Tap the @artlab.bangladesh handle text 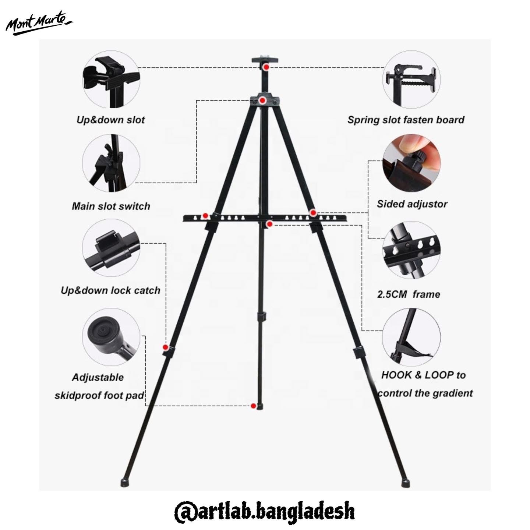(264, 511)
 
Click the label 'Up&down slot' (110, 120)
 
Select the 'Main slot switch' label (111, 206)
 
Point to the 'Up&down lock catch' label (110, 290)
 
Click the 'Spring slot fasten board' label (406, 120)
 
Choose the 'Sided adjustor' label (412, 204)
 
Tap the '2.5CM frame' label (409, 294)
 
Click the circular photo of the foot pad (111, 337)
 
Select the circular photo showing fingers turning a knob (411, 163)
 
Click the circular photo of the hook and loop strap (411, 337)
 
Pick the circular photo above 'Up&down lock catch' (111, 248)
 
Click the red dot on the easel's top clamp (266, 67)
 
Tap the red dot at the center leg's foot (253, 406)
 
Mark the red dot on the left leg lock (165, 347)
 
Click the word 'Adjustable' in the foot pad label (98, 377)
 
